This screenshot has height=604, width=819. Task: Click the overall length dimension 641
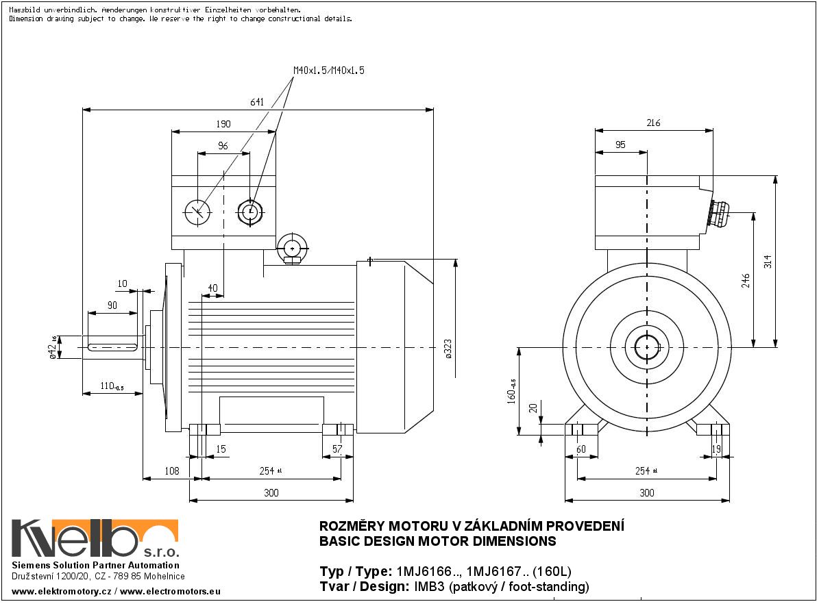[x=257, y=102]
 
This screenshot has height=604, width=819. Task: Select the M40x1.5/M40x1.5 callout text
[x=329, y=71]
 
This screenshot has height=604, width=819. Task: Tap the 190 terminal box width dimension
[x=223, y=124]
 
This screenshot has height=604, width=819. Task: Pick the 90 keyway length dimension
[x=112, y=305]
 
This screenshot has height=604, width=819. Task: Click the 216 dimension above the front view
[x=653, y=123]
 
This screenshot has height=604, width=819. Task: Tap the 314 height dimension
[x=768, y=262]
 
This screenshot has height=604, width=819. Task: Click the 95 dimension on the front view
[x=620, y=144]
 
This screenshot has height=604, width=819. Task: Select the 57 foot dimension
[x=337, y=449]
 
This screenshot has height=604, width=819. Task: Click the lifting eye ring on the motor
[x=293, y=247]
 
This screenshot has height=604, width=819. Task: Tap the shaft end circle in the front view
[x=646, y=348]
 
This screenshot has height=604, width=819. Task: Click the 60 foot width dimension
[x=581, y=449]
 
